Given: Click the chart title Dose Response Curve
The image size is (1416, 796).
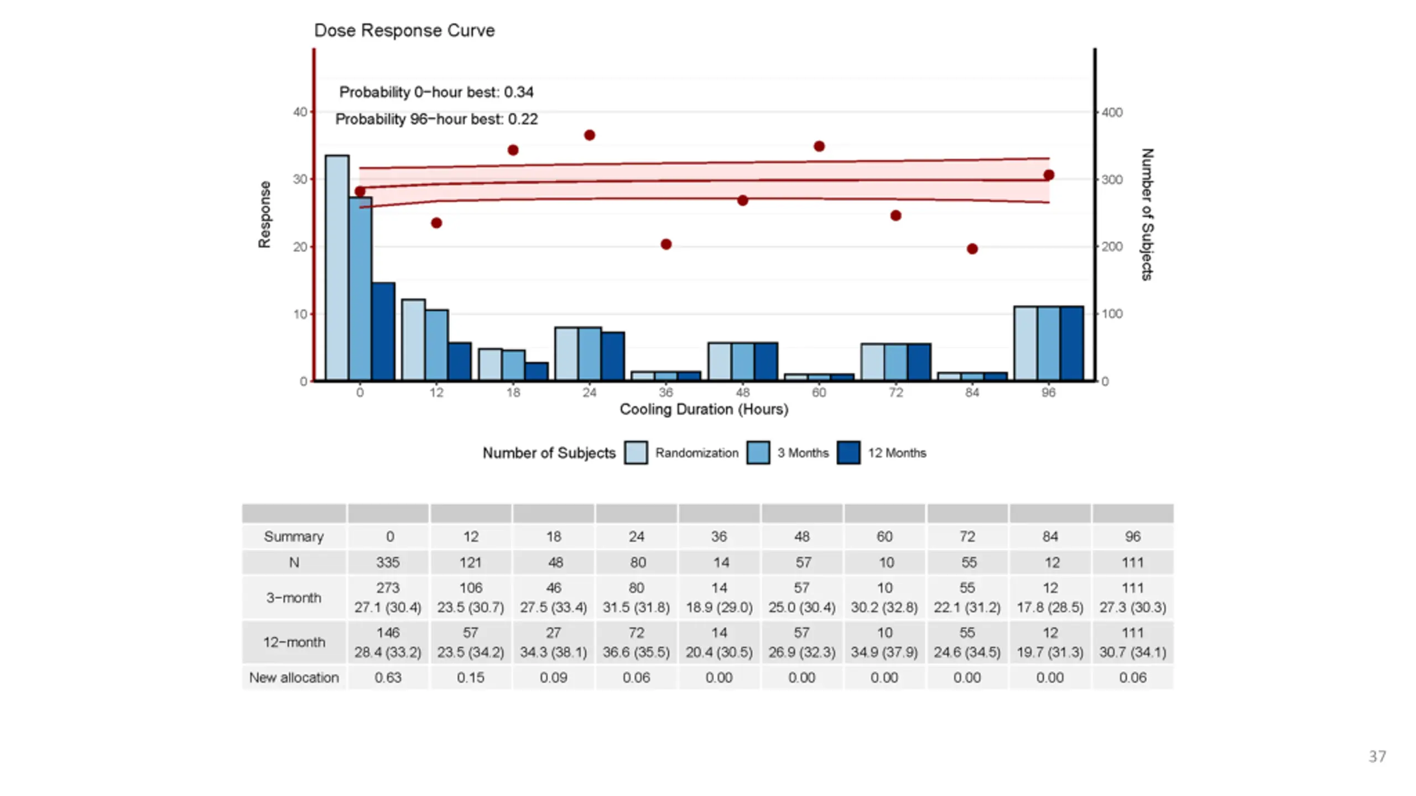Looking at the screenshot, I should pyautogui.click(x=404, y=30).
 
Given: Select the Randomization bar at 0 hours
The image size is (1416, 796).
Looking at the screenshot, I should pyautogui.click(x=337, y=268).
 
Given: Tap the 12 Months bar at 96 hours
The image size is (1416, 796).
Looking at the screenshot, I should pyautogui.click(x=1071, y=343).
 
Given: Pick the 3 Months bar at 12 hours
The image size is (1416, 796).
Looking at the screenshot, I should pyautogui.click(x=436, y=345).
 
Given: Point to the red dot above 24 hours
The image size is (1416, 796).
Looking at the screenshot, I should pyautogui.click(x=590, y=135).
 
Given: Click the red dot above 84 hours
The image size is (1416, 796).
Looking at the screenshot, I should pyautogui.click(x=972, y=249).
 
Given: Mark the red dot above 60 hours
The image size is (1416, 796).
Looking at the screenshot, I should pyautogui.click(x=819, y=146).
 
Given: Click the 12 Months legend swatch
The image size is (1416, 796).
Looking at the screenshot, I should pyautogui.click(x=848, y=453).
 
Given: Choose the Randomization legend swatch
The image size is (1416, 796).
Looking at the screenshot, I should pyautogui.click(x=636, y=453).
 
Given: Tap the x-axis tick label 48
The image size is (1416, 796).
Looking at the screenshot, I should pyautogui.click(x=742, y=393).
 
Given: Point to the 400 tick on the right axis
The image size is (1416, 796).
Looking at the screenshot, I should pyautogui.click(x=1112, y=112).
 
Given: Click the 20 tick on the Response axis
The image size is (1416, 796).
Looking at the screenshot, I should pyautogui.click(x=300, y=247).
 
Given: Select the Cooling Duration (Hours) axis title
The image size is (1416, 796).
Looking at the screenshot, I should pyautogui.click(x=704, y=410).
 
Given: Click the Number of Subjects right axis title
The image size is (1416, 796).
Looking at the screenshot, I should pyautogui.click(x=1147, y=214).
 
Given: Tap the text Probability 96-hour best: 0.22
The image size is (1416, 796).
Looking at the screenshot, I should pyautogui.click(x=436, y=119).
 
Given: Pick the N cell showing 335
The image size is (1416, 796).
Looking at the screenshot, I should pyautogui.click(x=388, y=563).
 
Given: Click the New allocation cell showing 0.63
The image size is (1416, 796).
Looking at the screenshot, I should pyautogui.click(x=388, y=678).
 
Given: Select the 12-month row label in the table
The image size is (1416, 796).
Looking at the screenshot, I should pyautogui.click(x=294, y=642).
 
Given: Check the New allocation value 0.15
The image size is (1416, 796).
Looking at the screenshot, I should pyautogui.click(x=471, y=678).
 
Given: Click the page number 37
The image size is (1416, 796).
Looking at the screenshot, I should pyautogui.click(x=1377, y=756).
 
